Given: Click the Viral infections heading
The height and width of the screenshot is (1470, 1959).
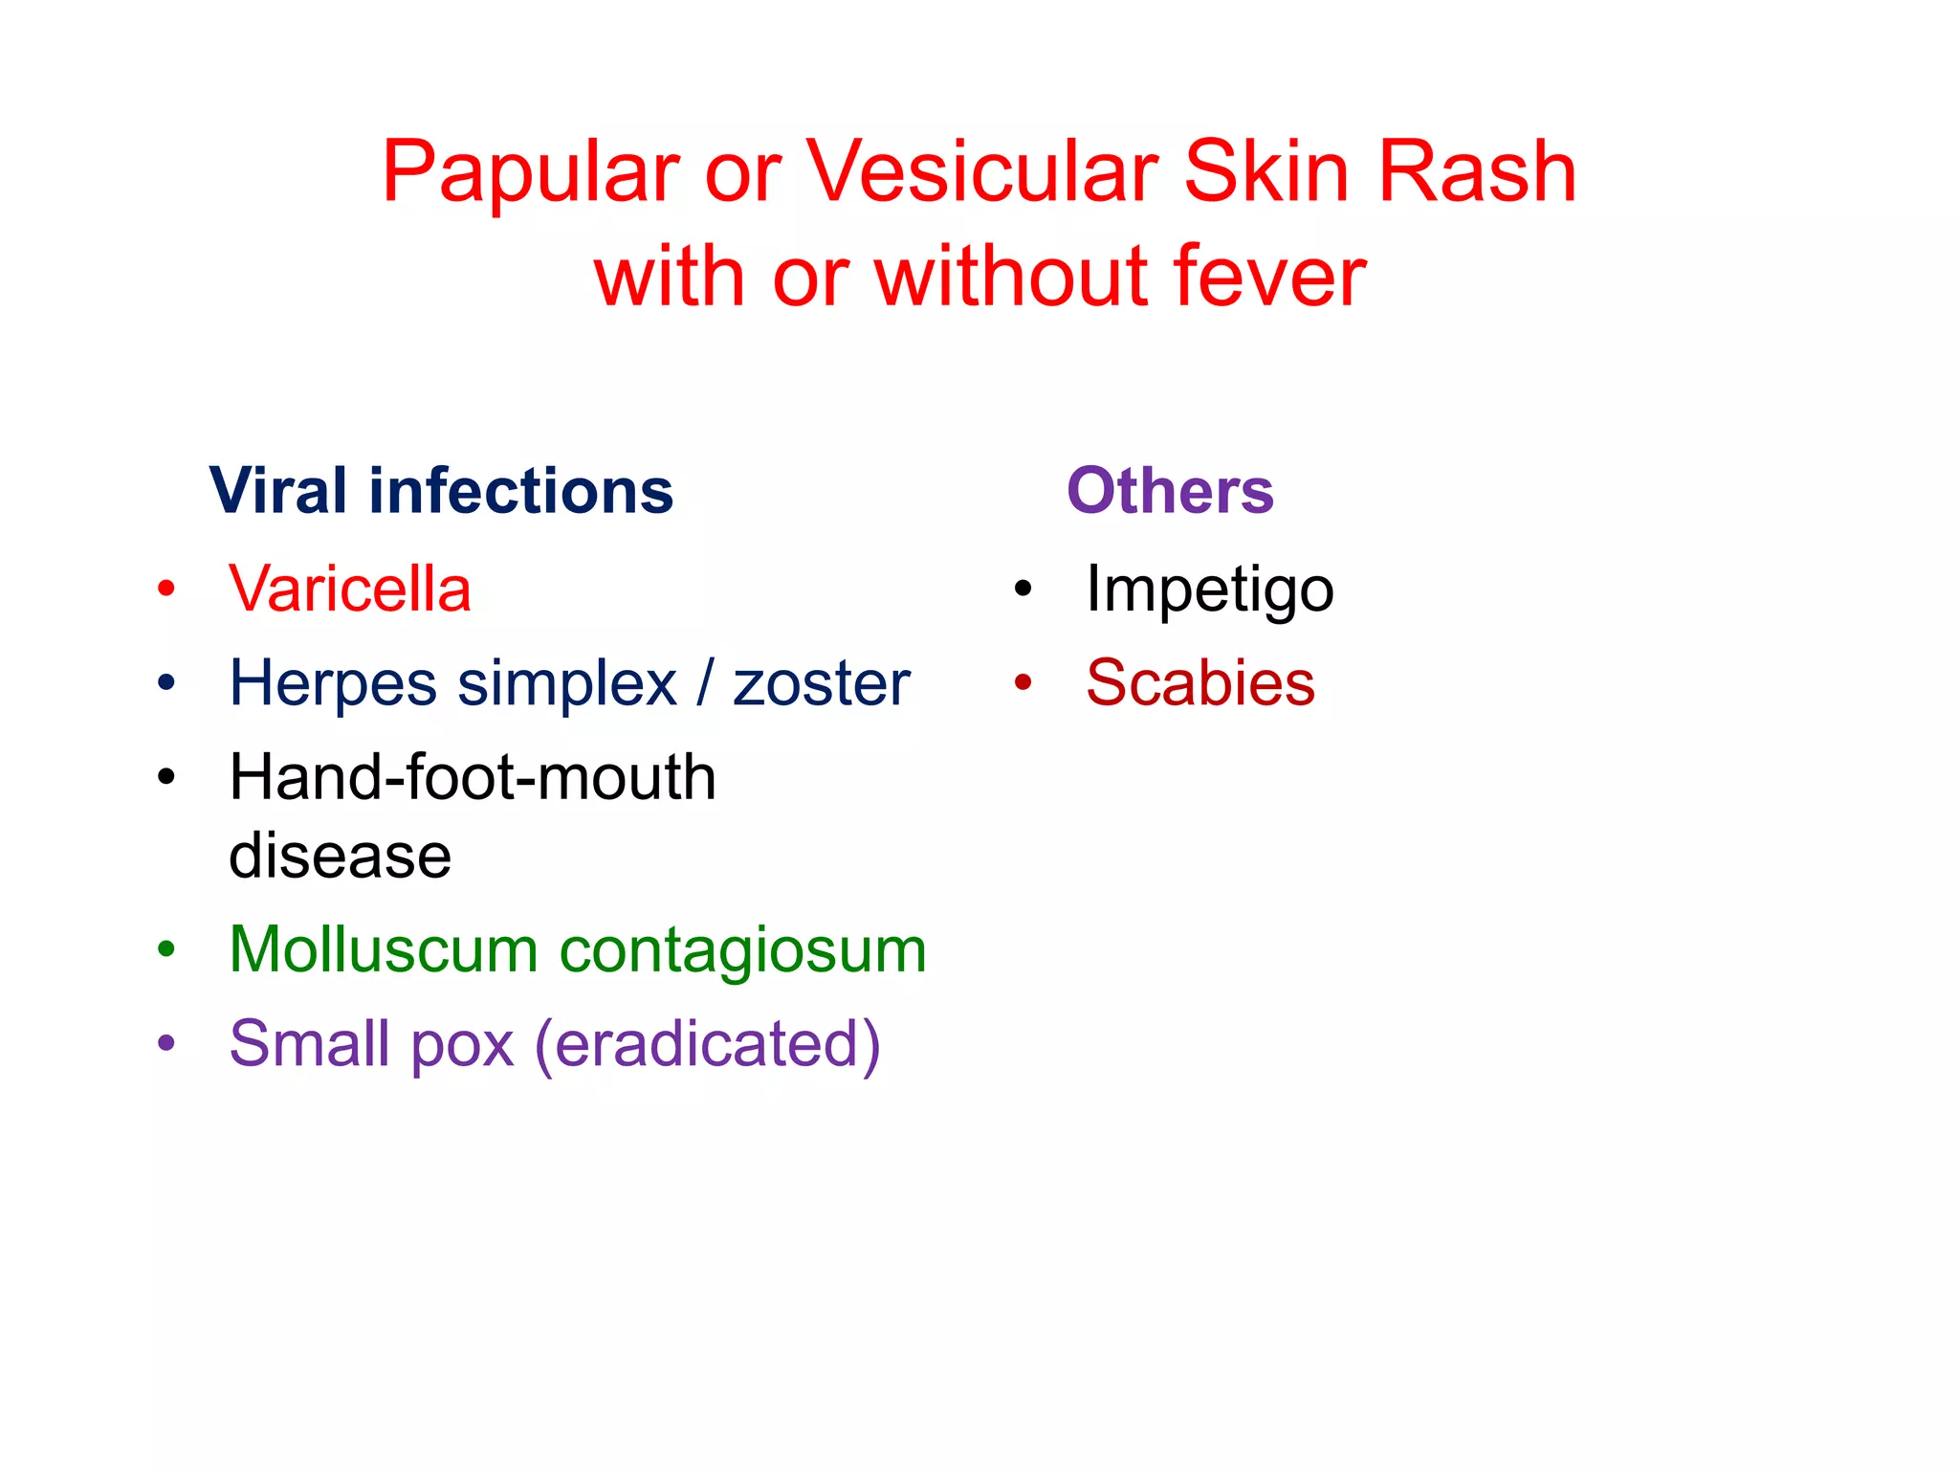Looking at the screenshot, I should pos(441,491).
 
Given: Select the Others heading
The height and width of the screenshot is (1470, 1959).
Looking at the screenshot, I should pos(1170,491).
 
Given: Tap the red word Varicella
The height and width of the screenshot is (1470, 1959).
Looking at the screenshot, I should pos(350,589).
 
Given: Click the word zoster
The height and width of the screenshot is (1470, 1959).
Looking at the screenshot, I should pos(821,683).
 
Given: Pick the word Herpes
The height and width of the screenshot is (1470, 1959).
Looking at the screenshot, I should pos(333,683).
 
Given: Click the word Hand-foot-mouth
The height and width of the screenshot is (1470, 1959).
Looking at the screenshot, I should pos(473,777).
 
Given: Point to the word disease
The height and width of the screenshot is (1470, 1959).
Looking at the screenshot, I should pos(340,856).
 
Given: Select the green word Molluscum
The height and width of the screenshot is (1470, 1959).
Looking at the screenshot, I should pos(384,950).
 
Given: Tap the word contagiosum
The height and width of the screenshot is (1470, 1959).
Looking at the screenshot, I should pos(743,950).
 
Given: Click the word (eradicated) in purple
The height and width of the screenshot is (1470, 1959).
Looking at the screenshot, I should pos(708,1044).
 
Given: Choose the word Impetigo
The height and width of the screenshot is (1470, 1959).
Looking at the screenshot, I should pos(1210,590).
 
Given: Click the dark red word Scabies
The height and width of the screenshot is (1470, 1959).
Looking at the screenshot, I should pos(1200,683).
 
